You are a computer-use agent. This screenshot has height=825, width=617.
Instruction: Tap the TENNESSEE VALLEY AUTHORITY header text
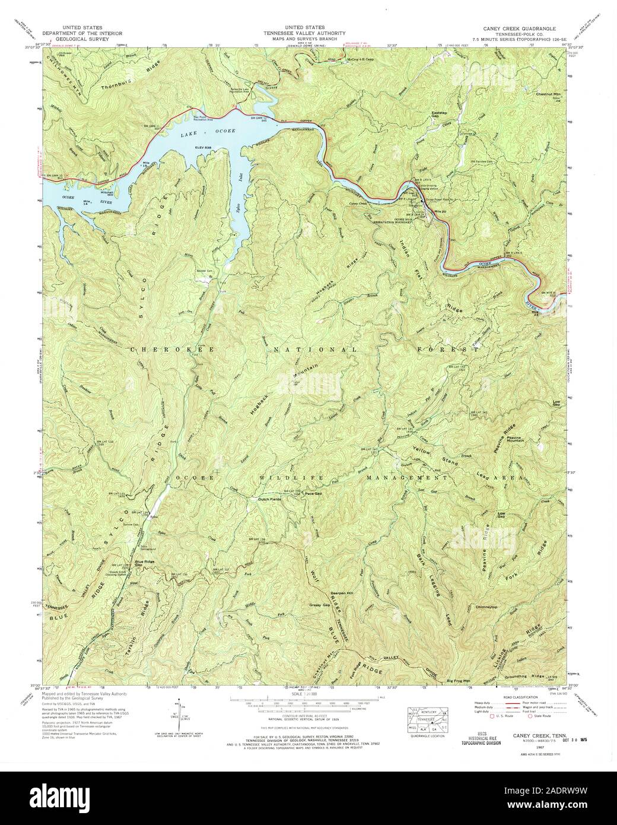(x=304, y=33)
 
